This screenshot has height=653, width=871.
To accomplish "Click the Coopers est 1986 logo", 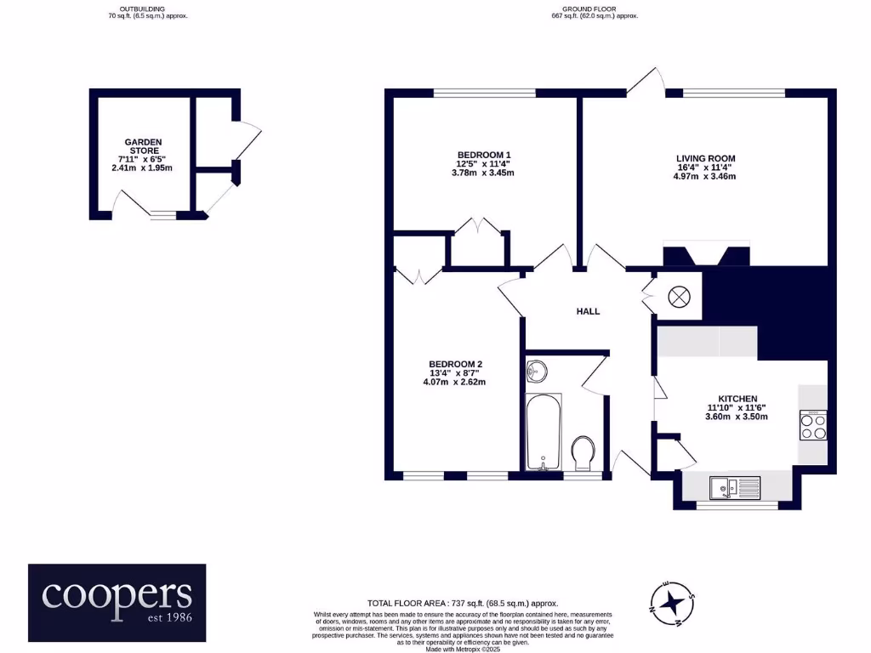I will point(117,602).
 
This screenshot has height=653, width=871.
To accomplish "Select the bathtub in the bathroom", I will point(544,431).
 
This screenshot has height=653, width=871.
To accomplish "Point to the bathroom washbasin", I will point(538,372).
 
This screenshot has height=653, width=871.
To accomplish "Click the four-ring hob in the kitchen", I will point(813,425).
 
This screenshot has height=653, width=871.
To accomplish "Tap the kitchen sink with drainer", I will point(735,487).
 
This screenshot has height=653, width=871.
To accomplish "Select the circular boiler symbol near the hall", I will point(679,297).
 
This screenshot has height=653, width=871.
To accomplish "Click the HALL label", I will point(588,311).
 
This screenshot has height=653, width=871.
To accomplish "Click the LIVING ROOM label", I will point(705,158).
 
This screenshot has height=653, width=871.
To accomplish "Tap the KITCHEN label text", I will point(737,398).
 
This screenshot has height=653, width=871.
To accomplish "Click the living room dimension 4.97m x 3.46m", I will point(705,177).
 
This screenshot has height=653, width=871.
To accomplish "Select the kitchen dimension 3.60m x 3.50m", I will point(737,417).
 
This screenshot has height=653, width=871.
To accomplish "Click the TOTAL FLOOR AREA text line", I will point(463,602).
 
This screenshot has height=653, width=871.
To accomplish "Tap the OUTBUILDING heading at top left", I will point(142,9).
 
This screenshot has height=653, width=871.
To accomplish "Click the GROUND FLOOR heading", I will point(595,9).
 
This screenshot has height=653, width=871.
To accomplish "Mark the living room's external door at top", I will point(648,81).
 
